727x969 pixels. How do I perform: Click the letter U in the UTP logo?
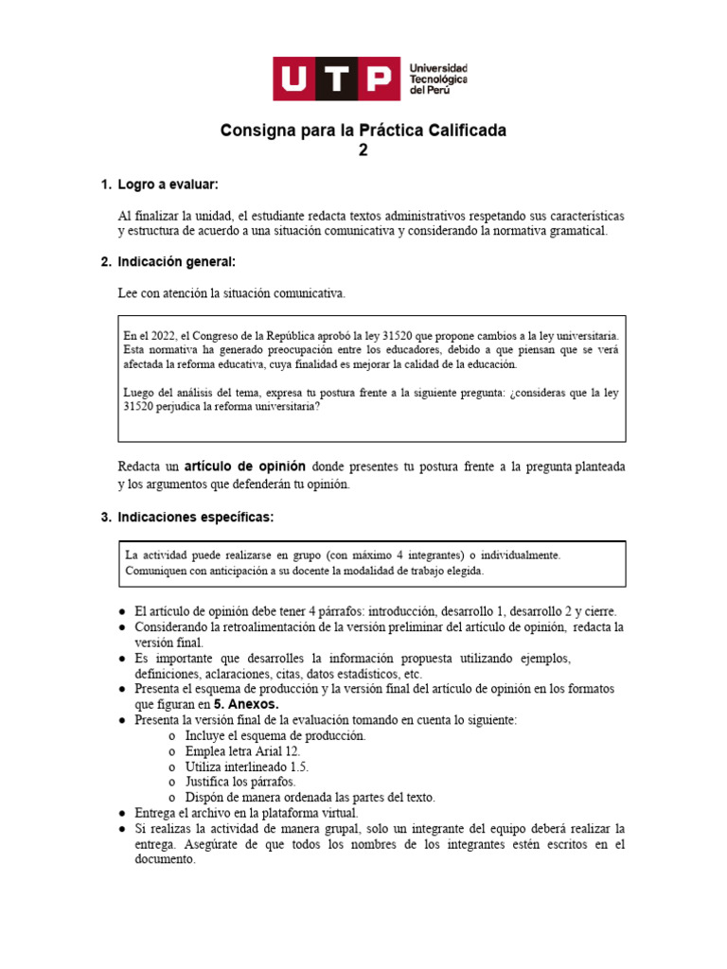point(296,79)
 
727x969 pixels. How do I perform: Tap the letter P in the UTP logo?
point(377,79)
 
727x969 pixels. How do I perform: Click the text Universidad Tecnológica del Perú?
point(437,79)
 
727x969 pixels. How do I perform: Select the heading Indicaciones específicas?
point(195,517)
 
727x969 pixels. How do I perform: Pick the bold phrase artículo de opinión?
point(245,467)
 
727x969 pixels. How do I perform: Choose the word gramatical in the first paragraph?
point(572,231)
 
